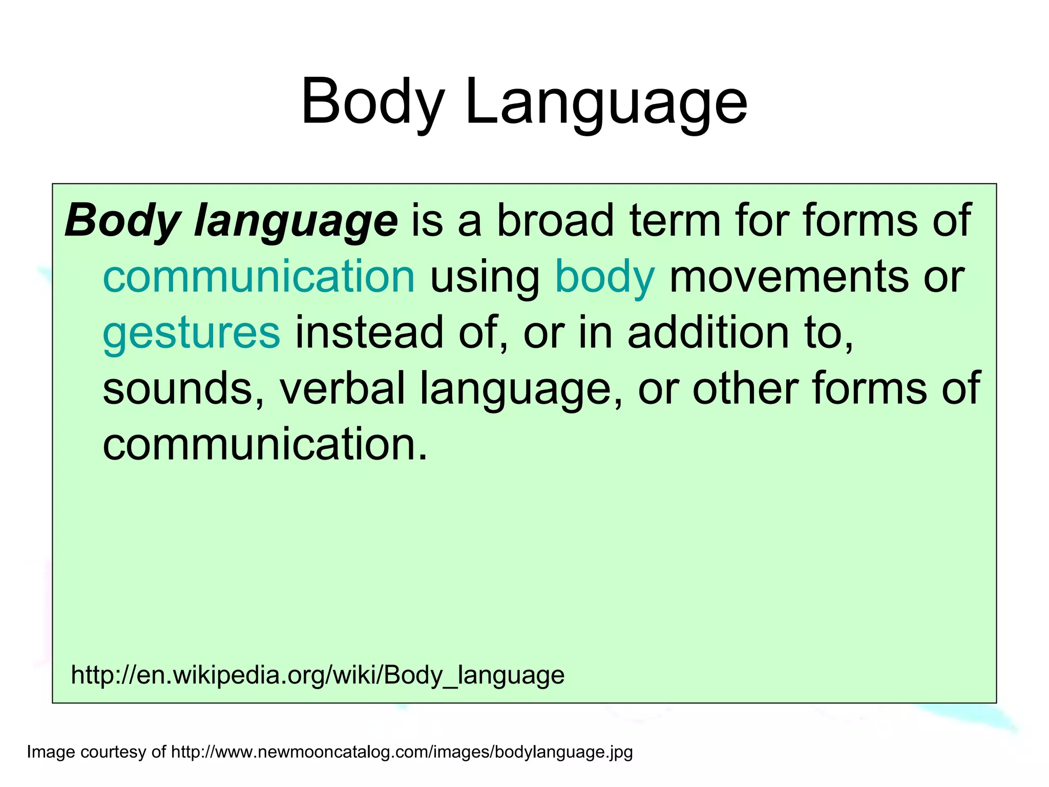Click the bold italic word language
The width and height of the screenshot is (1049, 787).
pos(296,221)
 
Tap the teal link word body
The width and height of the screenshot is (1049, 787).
pos(605,278)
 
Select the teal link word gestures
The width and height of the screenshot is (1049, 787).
pos(192,333)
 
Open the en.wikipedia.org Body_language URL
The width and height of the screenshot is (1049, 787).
pos(318,675)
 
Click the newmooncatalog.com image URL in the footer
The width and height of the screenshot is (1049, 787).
pos(402,752)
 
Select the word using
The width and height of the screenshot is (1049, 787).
pos(485,278)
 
